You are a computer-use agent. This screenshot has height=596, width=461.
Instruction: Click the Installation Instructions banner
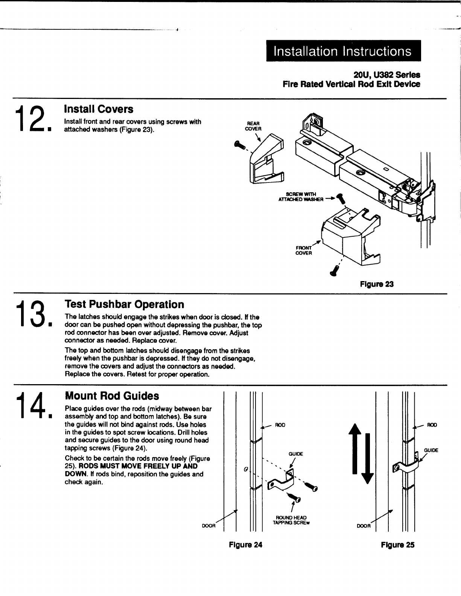click(x=343, y=51)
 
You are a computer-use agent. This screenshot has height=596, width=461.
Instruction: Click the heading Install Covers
click(x=99, y=109)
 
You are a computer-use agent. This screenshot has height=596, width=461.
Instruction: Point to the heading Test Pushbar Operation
click(x=124, y=304)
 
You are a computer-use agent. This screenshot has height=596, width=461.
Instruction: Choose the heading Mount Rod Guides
click(x=112, y=396)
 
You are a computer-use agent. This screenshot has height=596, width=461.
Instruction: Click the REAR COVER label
click(x=251, y=126)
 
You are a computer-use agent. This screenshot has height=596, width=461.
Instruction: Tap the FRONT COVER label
click(x=304, y=250)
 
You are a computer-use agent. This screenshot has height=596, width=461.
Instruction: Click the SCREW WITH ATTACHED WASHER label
click(x=300, y=196)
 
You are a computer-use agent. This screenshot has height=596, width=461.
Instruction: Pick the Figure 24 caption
click(x=245, y=544)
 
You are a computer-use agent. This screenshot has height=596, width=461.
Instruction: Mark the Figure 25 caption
click(x=397, y=544)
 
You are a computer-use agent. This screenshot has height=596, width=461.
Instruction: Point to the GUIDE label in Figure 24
click(x=296, y=454)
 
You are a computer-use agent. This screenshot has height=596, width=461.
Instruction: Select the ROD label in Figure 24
click(x=280, y=425)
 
